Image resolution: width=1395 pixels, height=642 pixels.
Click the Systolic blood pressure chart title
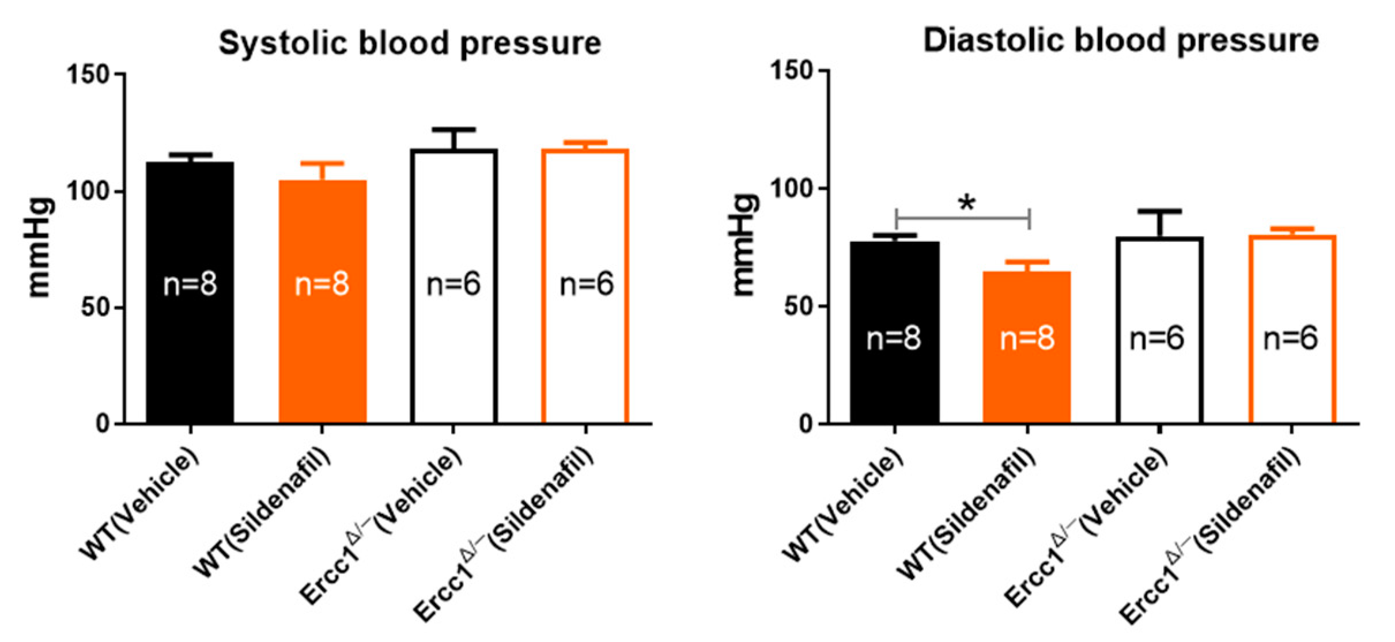click(410, 43)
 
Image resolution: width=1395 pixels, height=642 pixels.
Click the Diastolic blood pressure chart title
click(1121, 41)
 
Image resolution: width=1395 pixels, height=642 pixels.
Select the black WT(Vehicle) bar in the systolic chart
click(190, 345)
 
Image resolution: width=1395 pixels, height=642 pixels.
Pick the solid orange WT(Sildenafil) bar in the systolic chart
click(323, 357)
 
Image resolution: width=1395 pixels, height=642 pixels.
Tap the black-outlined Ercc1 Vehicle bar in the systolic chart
click(454, 357)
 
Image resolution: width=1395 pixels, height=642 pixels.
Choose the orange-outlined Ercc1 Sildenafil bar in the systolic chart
click(585, 357)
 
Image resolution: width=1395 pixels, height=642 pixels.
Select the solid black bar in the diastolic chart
click(895, 380)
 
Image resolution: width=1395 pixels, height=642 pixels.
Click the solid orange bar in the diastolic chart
click(1027, 392)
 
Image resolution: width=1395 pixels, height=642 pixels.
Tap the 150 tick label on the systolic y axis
click(89, 75)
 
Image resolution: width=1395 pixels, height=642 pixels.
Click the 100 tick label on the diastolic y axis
click(792, 188)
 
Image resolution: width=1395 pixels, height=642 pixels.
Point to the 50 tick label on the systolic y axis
click(95, 307)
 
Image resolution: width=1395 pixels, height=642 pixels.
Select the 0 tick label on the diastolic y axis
click(806, 424)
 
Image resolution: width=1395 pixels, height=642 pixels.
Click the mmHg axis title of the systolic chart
click(39, 248)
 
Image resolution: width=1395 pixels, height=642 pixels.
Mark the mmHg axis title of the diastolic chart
click(744, 245)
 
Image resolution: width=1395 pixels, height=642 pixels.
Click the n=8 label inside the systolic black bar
click(190, 284)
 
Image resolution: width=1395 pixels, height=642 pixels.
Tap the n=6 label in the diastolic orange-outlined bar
click(1291, 339)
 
